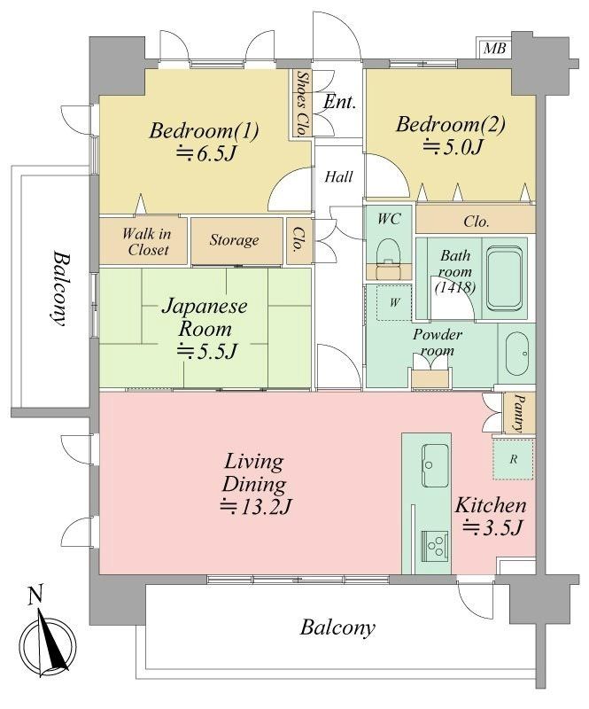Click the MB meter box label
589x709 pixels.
click(x=494, y=48)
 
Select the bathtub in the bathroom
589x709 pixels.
click(x=504, y=278)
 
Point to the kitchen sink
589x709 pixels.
click(x=435, y=465)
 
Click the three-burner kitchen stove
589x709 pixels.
click(x=435, y=546)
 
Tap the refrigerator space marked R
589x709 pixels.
click(x=513, y=459)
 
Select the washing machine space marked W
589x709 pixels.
click(x=394, y=302)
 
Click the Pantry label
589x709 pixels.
click(x=519, y=413)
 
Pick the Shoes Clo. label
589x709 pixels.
click(x=301, y=104)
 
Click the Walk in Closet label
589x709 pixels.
click(x=147, y=241)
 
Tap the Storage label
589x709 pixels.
click(x=234, y=239)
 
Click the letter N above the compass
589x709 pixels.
click(x=35, y=595)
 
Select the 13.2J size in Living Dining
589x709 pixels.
click(x=255, y=506)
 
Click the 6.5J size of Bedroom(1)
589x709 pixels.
click(x=206, y=153)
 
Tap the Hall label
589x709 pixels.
click(x=338, y=176)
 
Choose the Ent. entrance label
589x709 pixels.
click(x=340, y=102)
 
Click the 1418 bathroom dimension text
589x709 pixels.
click(x=454, y=287)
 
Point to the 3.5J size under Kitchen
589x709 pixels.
click(x=492, y=527)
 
